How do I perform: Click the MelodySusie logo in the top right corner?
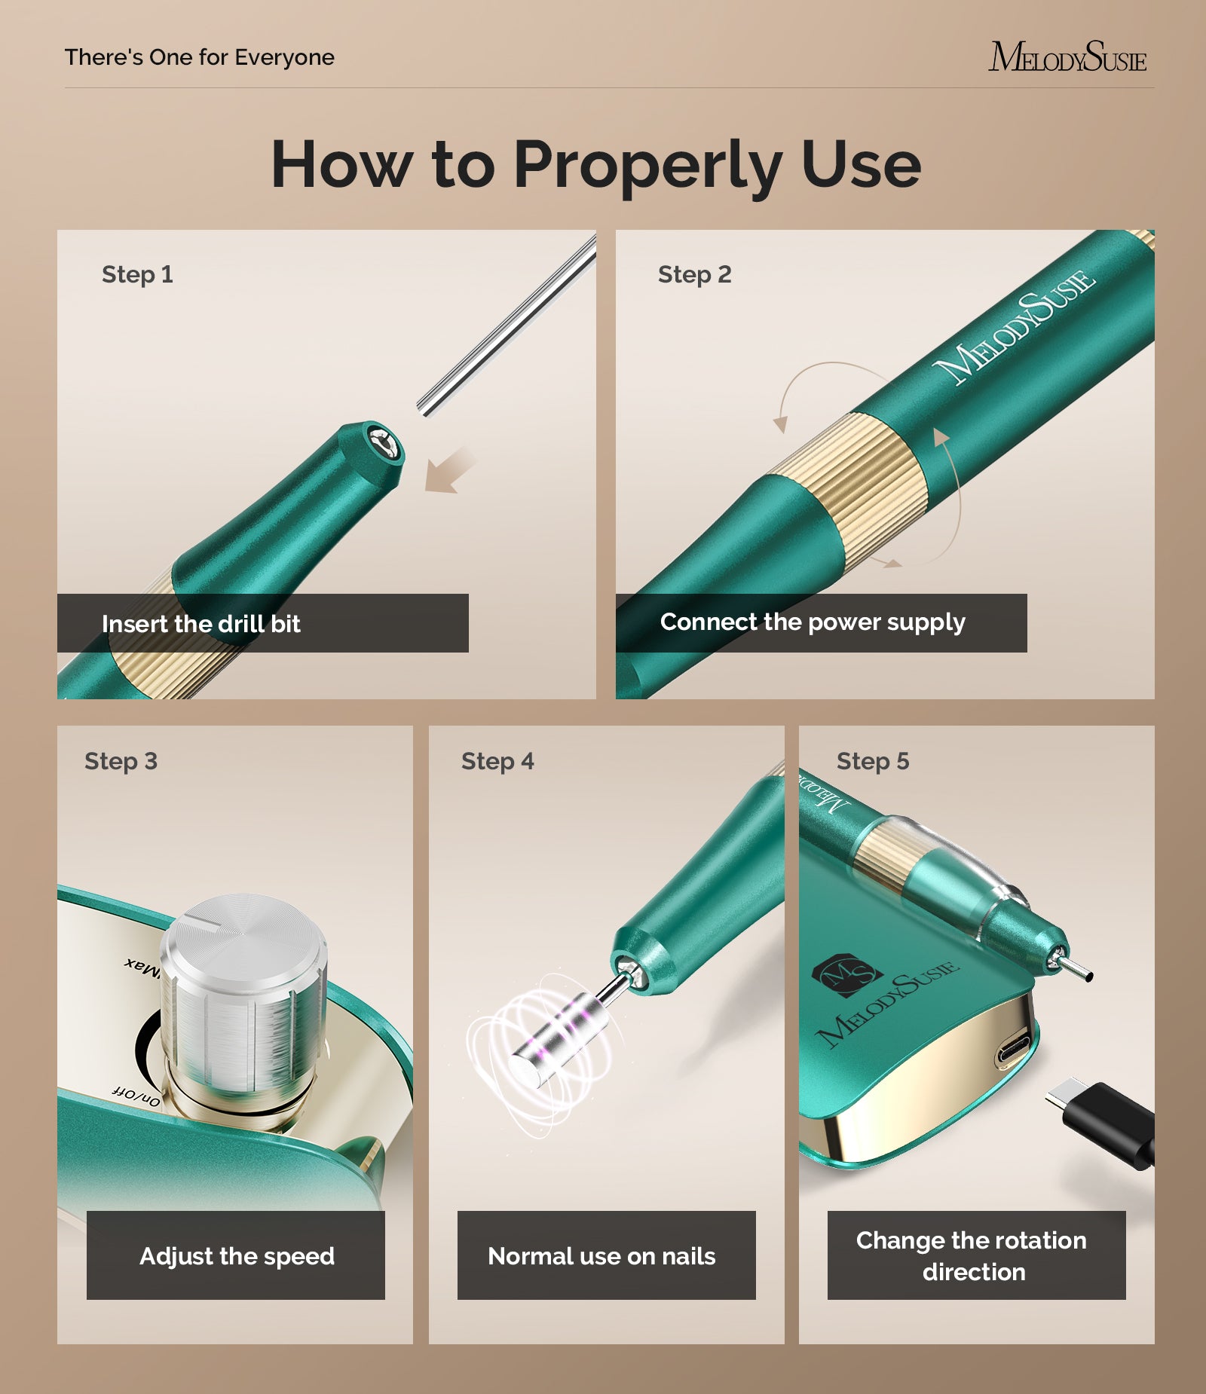point(1067,57)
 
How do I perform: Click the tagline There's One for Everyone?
point(199,57)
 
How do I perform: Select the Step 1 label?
point(137,274)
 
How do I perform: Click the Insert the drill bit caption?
point(200,624)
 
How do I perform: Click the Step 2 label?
point(694,274)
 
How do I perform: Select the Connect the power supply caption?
point(812,622)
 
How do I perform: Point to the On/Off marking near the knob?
point(136,1096)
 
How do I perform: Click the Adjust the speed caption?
point(237,1256)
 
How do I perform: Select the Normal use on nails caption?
point(601,1256)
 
